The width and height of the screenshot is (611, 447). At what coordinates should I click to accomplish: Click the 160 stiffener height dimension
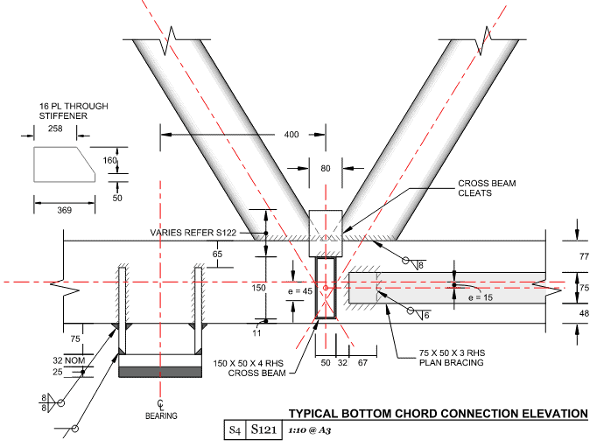point(109,160)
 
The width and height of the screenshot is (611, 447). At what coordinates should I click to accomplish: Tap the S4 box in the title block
point(235,430)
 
